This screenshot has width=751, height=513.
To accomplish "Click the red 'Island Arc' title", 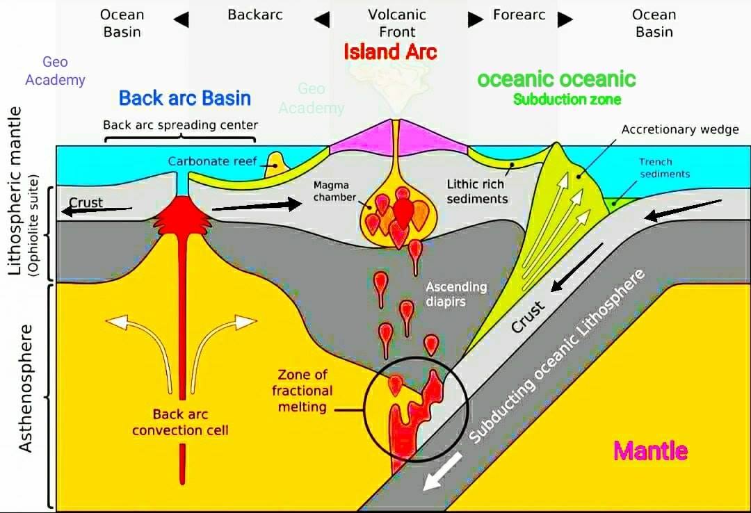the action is [x=390, y=51].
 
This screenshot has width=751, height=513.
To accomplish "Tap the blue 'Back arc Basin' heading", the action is [x=185, y=98].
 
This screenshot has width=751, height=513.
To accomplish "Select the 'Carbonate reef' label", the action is [x=213, y=161].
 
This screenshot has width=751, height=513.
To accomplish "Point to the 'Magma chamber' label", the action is [x=334, y=191].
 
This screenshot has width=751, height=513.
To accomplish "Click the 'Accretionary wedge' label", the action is [x=680, y=129].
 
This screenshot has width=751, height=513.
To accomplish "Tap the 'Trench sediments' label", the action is [x=665, y=168].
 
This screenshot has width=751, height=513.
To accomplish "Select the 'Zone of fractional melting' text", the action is [x=302, y=391].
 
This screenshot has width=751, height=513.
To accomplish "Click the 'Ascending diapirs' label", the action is [x=456, y=294].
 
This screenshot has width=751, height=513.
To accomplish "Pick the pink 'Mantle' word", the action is [x=650, y=450].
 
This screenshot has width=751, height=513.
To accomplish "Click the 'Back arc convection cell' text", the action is [x=181, y=422].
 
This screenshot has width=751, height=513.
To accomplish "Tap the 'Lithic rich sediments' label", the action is [x=476, y=191].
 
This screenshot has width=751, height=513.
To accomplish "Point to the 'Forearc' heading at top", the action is [x=519, y=15].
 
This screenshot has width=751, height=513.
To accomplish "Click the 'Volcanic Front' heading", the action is [x=397, y=23].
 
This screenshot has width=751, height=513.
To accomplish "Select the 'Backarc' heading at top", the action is [x=255, y=15].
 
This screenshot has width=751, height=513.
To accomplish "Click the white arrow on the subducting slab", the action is [x=442, y=471].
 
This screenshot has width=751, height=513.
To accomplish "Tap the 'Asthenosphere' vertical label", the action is [x=26, y=388].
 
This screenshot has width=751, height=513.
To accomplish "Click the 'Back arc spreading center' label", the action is [x=181, y=125].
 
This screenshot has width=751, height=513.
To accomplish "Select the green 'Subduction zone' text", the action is [x=567, y=99].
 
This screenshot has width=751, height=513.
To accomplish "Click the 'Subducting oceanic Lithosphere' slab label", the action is [x=556, y=357].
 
